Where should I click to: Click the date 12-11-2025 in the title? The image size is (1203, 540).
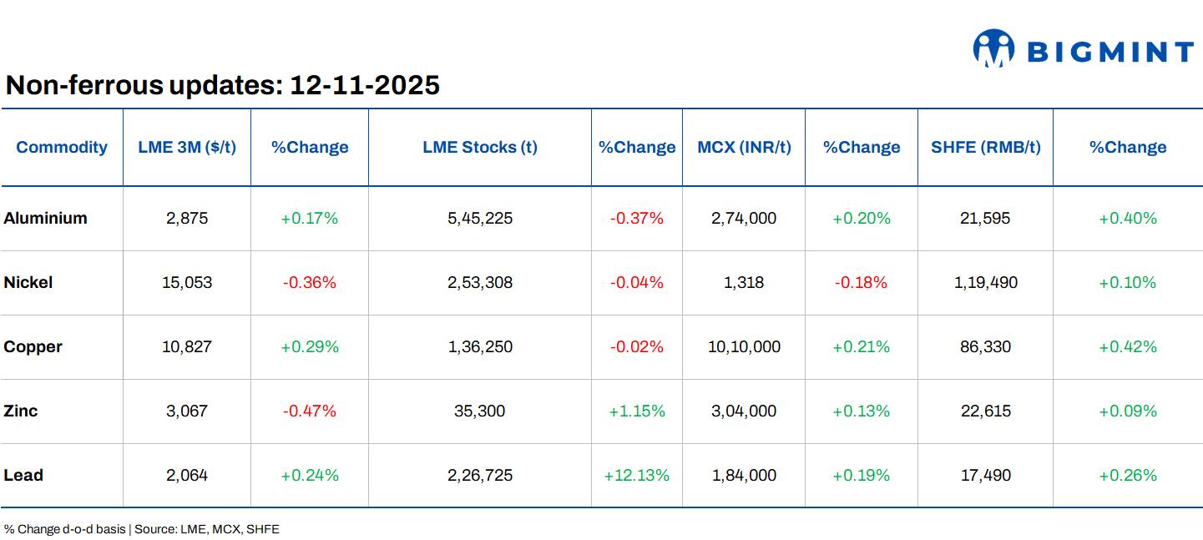tap(364, 85)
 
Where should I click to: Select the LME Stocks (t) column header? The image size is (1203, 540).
tap(480, 148)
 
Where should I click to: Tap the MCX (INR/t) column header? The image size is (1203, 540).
tap(744, 148)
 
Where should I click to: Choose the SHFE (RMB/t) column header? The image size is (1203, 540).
tap(985, 148)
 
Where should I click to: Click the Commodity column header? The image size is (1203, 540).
tap(62, 148)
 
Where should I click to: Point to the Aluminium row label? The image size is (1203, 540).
tap(46, 219)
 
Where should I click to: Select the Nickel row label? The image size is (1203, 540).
tap(28, 283)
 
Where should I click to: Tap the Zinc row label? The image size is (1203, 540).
tap(21, 411)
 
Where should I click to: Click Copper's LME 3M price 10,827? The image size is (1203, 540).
tap(187, 347)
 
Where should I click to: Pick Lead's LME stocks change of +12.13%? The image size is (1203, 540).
tap(637, 476)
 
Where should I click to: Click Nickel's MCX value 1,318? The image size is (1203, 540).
tap(744, 283)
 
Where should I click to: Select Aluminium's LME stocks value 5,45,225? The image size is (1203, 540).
tap(480, 219)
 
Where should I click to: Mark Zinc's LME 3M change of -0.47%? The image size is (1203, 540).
tap(309, 411)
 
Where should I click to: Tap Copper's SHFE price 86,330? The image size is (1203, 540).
tap(985, 347)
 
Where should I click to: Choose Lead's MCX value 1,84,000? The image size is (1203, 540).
tap(744, 476)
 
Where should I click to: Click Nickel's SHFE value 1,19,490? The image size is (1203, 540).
tap(985, 283)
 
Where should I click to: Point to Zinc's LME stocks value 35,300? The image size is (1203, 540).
tap(480, 411)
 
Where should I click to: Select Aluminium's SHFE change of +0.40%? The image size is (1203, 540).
tap(1128, 219)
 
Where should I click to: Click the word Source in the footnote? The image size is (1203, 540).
tap(154, 530)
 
